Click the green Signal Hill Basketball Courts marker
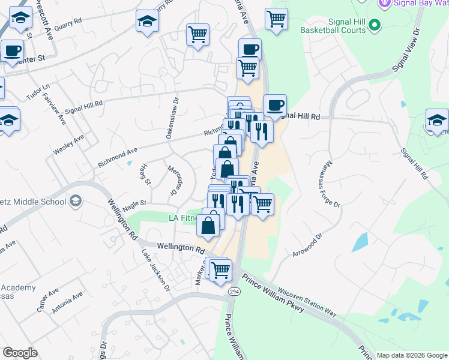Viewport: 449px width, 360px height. [375, 25]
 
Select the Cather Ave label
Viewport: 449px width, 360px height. [47, 300]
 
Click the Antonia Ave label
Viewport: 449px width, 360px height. [68, 302]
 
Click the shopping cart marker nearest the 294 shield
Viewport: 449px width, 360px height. [221, 270]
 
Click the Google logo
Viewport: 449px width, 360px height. [20, 353]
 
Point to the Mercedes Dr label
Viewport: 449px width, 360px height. [174, 180]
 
